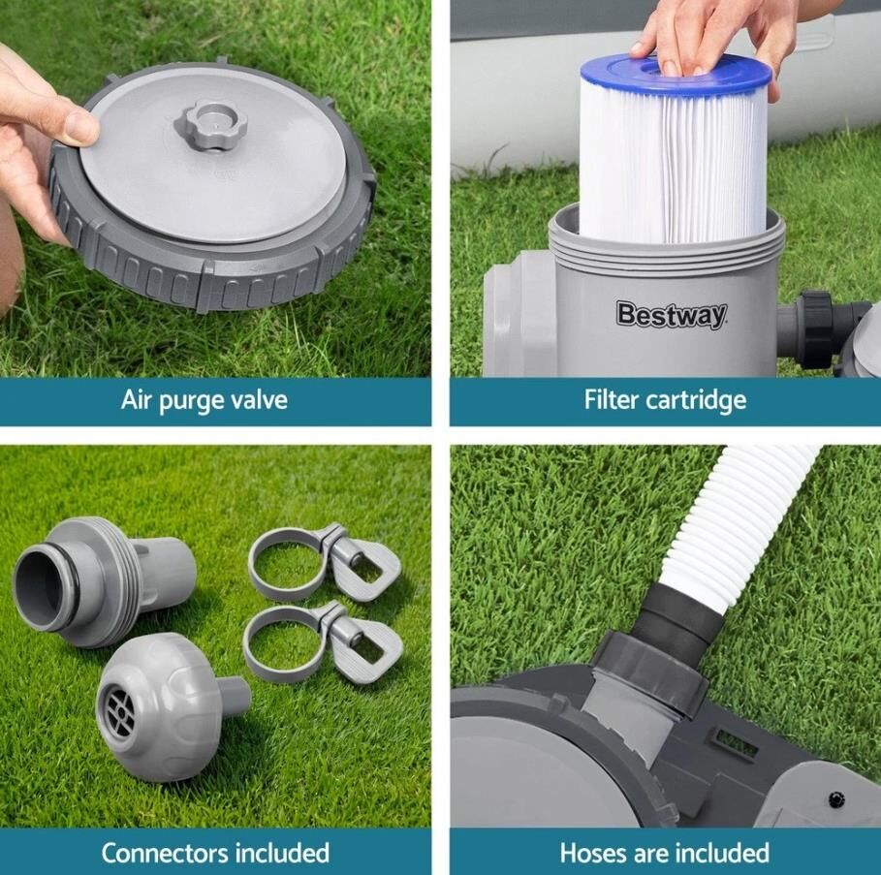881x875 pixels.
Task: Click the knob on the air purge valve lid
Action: point(210,124)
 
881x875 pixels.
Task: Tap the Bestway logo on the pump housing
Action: point(672,315)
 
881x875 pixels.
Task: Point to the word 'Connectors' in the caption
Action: point(164,853)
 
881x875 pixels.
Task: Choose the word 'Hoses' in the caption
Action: point(594,853)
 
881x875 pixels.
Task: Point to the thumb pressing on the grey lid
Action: point(79,124)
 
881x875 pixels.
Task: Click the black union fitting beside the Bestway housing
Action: point(817,328)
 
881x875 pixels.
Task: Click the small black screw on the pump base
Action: point(837,797)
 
